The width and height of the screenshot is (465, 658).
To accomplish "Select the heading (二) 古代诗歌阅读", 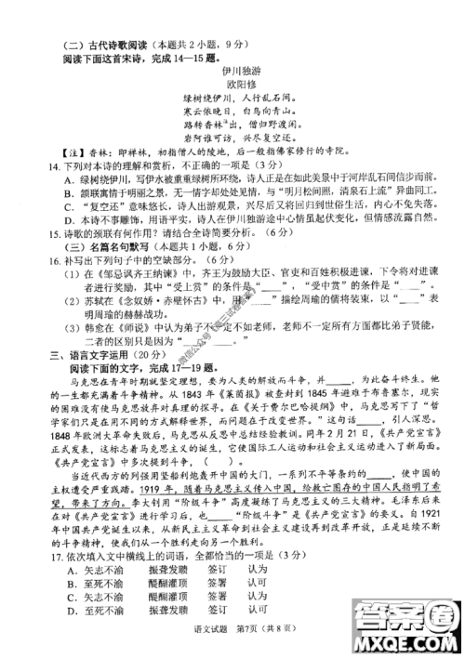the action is [x=93, y=41].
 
